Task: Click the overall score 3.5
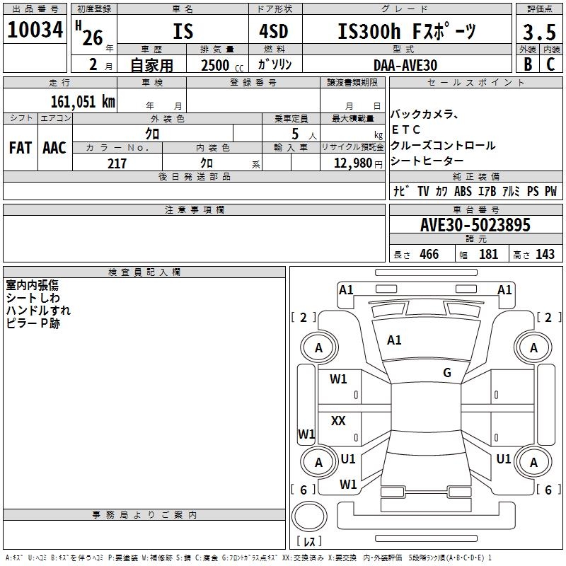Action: [x=538, y=33]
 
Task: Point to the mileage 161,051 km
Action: [x=83, y=101]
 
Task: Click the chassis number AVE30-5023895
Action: [x=475, y=225]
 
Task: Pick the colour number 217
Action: [x=117, y=163]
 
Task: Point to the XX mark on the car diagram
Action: [x=338, y=421]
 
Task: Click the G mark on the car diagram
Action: [x=446, y=373]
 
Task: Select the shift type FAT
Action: [x=20, y=147]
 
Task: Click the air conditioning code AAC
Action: [x=54, y=147]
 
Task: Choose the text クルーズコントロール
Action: [x=442, y=146]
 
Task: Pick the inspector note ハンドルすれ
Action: [x=38, y=311]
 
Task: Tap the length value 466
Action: [x=429, y=255]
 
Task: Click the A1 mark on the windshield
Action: [x=394, y=340]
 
